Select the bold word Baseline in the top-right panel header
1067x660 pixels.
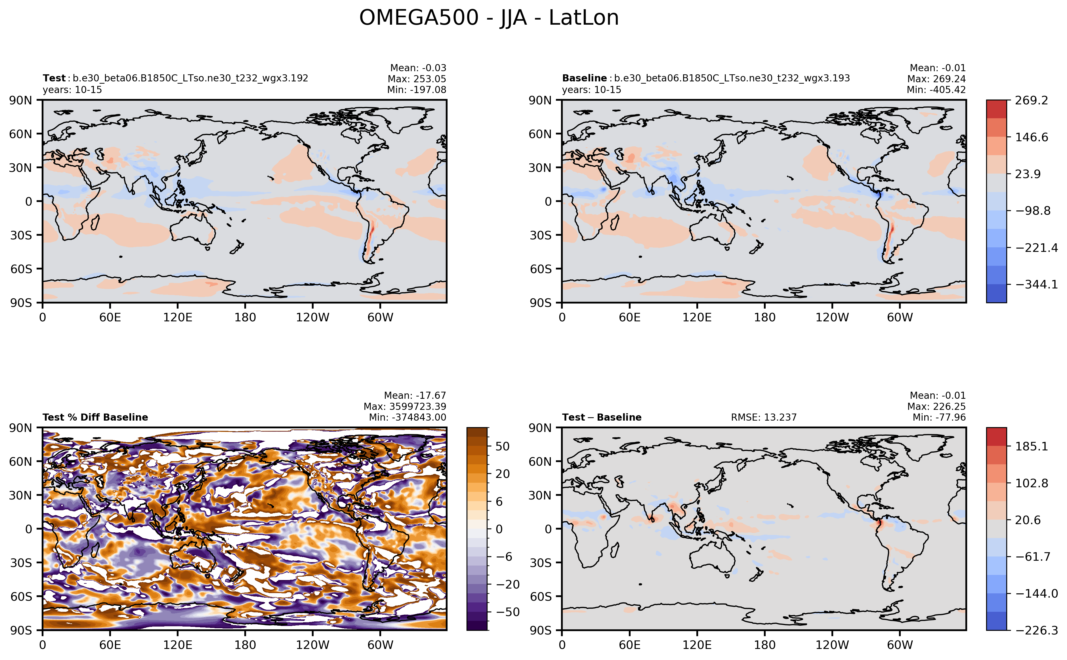[x=584, y=78]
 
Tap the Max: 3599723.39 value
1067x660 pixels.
[x=405, y=406]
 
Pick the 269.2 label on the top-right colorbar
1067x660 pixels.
[x=1031, y=100]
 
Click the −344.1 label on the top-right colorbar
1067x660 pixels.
[x=1036, y=284]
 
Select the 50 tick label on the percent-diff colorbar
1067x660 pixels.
[x=502, y=446]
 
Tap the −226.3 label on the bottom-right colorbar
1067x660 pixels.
[x=1036, y=630]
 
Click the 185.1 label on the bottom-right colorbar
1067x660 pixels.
[x=1031, y=446]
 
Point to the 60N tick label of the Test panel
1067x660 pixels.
[x=20, y=134]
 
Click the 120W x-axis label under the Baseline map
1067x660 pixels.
[x=832, y=317]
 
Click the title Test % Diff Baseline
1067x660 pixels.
[x=95, y=417]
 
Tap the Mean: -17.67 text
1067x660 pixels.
[x=415, y=395]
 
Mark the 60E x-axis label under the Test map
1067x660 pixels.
[x=110, y=317]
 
